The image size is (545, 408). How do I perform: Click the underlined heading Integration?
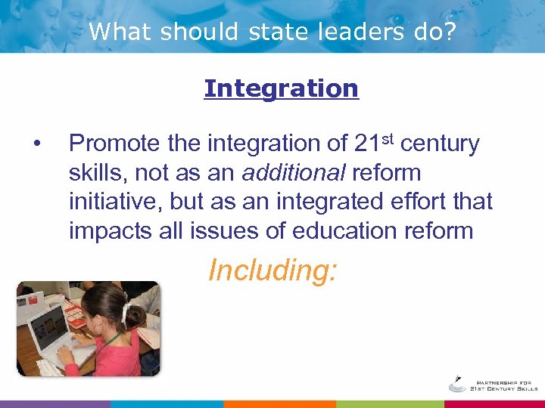pos(281,88)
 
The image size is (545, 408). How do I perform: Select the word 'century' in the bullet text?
pos(440,144)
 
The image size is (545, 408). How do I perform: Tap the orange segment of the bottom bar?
pos(279,404)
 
